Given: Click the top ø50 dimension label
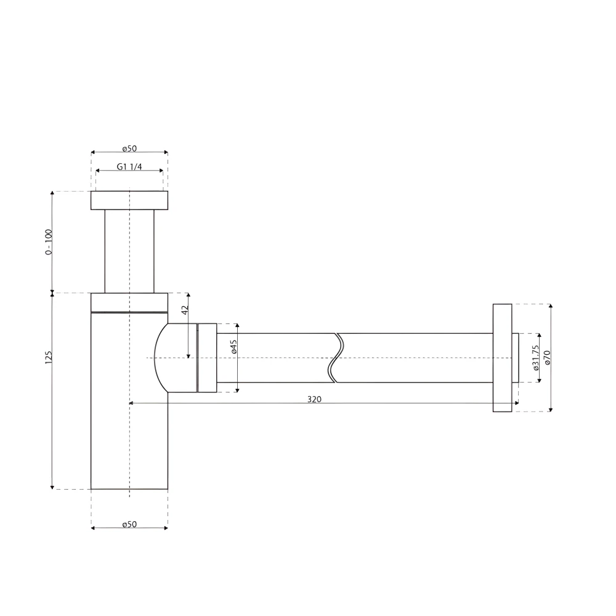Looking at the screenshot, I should click(129, 148).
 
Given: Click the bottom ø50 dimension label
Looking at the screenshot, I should click(129, 524).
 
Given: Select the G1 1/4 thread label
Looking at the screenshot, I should click(129, 167).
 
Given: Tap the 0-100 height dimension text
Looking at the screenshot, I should click(49, 242).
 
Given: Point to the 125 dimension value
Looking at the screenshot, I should click(49, 357).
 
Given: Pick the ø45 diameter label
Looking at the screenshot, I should click(234, 346).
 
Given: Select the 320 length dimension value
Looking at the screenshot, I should click(314, 399).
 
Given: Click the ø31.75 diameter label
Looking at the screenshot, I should click(536, 358).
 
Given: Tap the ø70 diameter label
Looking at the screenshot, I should click(547, 358).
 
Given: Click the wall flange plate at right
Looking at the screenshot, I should click(502, 358).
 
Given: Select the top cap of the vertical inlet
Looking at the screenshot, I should click(129, 200).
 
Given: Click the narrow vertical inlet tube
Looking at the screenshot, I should click(129, 251).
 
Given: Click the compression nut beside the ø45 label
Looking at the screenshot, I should click(207, 358).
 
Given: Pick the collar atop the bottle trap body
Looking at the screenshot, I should click(129, 302).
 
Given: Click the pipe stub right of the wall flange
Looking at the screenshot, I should click(516, 358).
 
